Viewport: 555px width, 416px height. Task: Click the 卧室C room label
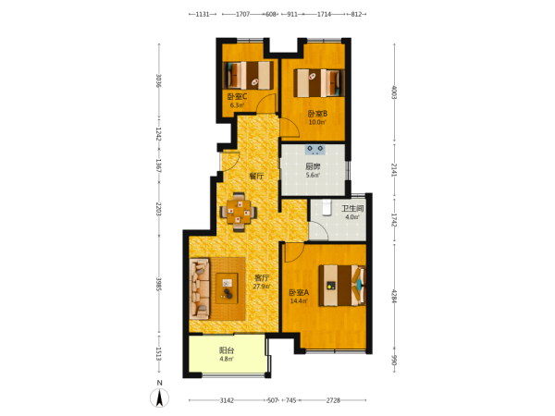(x=237, y=96)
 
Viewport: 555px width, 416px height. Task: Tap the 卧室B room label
(x=317, y=114)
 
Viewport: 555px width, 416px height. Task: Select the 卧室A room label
(x=299, y=292)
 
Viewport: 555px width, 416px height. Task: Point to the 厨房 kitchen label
(x=313, y=166)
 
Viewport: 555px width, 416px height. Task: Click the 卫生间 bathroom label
(x=352, y=208)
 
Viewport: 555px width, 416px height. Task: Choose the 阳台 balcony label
(x=227, y=350)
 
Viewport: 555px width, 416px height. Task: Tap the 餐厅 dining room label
(x=256, y=176)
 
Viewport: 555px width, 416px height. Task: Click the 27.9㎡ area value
(x=262, y=287)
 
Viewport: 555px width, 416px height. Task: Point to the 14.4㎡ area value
(x=299, y=301)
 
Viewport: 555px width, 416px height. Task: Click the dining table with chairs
(x=239, y=212)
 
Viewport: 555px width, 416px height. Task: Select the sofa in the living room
(x=200, y=288)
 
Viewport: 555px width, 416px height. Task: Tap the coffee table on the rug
(x=227, y=288)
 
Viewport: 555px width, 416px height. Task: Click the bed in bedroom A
(x=342, y=285)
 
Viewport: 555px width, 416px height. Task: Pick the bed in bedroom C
(x=249, y=76)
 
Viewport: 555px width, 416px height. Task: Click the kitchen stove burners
(x=315, y=149)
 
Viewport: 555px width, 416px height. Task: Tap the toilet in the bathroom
(x=327, y=208)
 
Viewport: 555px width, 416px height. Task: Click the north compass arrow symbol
(x=160, y=398)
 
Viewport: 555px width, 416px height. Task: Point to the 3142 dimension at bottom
(x=227, y=400)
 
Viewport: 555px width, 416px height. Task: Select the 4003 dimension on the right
(x=394, y=92)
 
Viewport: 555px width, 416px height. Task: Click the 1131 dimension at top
(x=203, y=14)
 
